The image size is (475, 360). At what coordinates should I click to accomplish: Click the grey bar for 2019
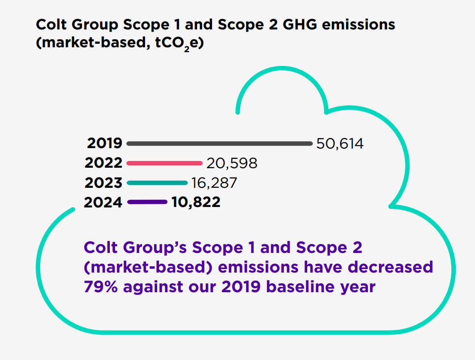pos(219,144)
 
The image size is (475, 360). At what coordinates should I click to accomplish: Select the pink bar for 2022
pos(164,163)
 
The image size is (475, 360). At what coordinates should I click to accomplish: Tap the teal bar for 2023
pos(157,182)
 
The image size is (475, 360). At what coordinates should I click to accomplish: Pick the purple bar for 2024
pos(147,202)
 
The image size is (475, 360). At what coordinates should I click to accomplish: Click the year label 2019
pos(104,144)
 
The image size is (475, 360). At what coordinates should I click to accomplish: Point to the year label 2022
pos(103,163)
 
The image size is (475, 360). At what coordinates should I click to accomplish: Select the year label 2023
pos(103,183)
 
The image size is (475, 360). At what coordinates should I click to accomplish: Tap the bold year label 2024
pos(103,203)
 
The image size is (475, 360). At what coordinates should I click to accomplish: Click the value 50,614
pos(340,144)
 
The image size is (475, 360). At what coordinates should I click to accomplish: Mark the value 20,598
pos(232,163)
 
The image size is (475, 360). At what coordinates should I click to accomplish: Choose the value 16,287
pos(214,183)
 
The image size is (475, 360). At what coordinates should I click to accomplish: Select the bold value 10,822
pos(196,203)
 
